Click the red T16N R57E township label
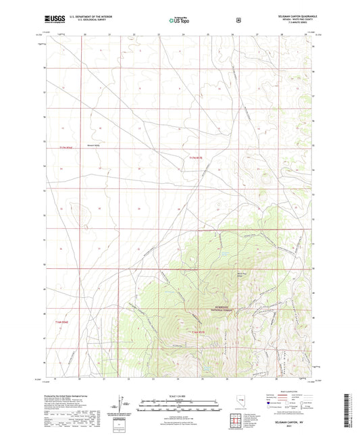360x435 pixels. point(197,332)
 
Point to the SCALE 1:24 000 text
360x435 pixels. point(180,394)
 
